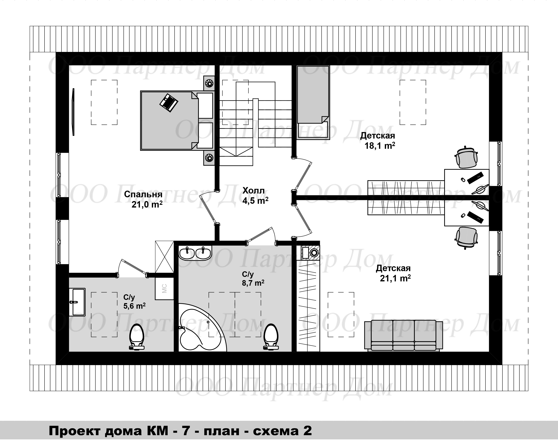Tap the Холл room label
[x=254, y=190]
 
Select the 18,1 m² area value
[x=380, y=146]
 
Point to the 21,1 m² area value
[x=395, y=278]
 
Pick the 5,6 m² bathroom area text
[x=134, y=306]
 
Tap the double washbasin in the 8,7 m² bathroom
[x=195, y=253]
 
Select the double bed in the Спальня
[x=177, y=120]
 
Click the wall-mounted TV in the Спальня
[x=73, y=112]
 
